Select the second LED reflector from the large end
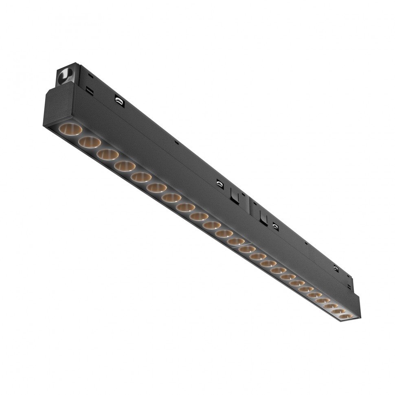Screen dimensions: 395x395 coord(90,142)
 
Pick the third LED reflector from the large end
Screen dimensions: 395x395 coord(108,154)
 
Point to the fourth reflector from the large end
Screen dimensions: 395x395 coord(125,166)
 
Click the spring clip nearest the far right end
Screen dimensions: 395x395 coord(336,268)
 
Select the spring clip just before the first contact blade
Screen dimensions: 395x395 coord(220,184)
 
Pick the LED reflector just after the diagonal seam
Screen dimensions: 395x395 coord(247,249)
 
